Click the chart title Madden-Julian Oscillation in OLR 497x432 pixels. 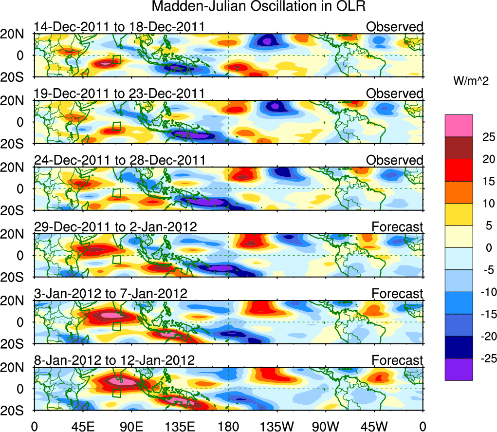click(x=258, y=7)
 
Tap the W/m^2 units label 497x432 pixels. click(x=471, y=81)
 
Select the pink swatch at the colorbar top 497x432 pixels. click(x=459, y=126)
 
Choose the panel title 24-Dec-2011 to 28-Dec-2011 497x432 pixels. click(x=120, y=160)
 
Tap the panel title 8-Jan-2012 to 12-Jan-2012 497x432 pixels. click(x=114, y=360)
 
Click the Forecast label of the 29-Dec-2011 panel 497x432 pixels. click(x=397, y=227)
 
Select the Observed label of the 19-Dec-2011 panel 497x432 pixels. click(x=395, y=94)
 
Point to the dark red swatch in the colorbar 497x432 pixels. click(x=459, y=148)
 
